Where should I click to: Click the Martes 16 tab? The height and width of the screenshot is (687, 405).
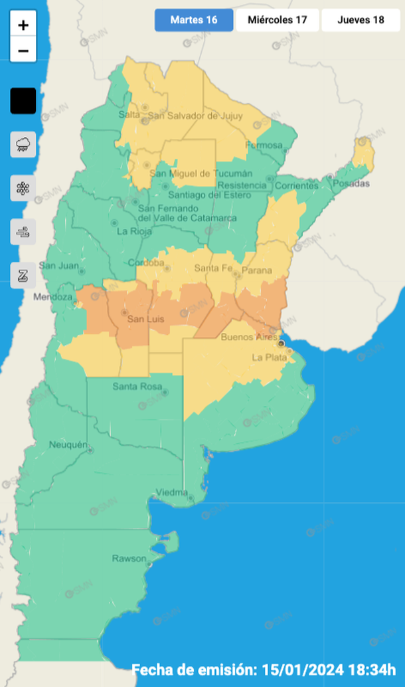click(194, 20)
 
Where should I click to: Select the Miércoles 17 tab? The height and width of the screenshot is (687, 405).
click(278, 20)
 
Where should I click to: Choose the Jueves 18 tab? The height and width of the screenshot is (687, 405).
click(361, 20)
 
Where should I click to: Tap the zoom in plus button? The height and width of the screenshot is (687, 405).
click(23, 25)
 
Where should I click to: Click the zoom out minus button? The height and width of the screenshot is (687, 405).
click(23, 50)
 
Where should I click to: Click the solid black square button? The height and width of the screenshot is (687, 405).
click(23, 101)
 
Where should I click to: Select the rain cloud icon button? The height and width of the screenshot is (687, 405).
click(23, 144)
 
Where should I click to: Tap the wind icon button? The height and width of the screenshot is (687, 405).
click(23, 232)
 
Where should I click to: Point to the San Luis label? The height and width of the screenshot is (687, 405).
click(145, 320)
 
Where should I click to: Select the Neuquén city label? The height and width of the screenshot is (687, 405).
click(68, 444)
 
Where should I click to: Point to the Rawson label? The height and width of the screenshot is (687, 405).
click(128, 558)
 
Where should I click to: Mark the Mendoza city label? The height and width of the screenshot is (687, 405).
click(53, 297)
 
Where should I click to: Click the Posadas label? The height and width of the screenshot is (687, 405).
click(351, 183)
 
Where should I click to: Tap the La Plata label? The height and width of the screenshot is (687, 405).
click(269, 357)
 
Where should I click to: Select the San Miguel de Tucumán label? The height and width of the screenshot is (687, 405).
click(192, 173)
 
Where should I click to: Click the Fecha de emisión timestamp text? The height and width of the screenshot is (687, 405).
click(264, 668)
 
